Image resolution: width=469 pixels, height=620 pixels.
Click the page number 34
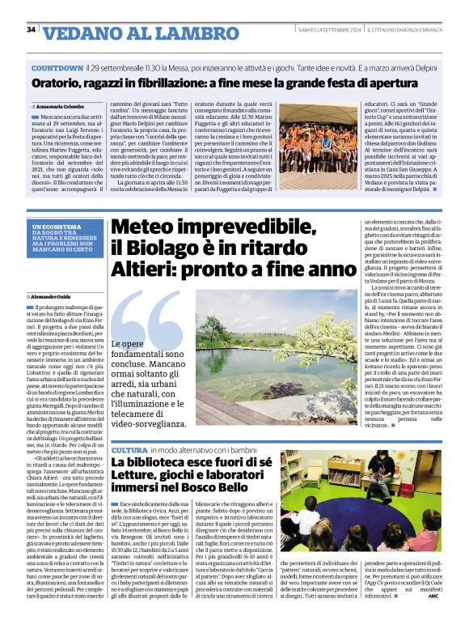coord(31,30)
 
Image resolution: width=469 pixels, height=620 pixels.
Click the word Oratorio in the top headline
coord(59,83)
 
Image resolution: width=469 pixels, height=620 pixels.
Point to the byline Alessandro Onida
coord(67,298)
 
